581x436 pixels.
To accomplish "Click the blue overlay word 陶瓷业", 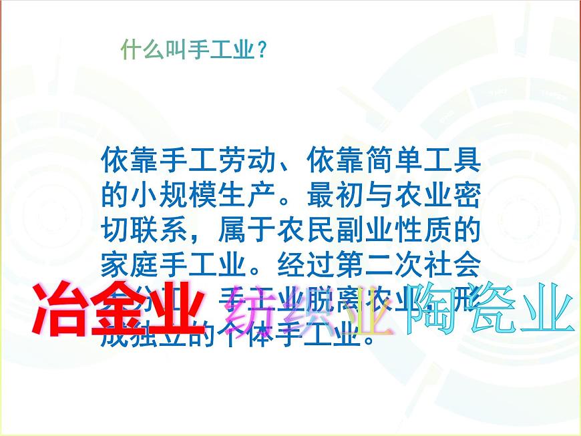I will (491, 308).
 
